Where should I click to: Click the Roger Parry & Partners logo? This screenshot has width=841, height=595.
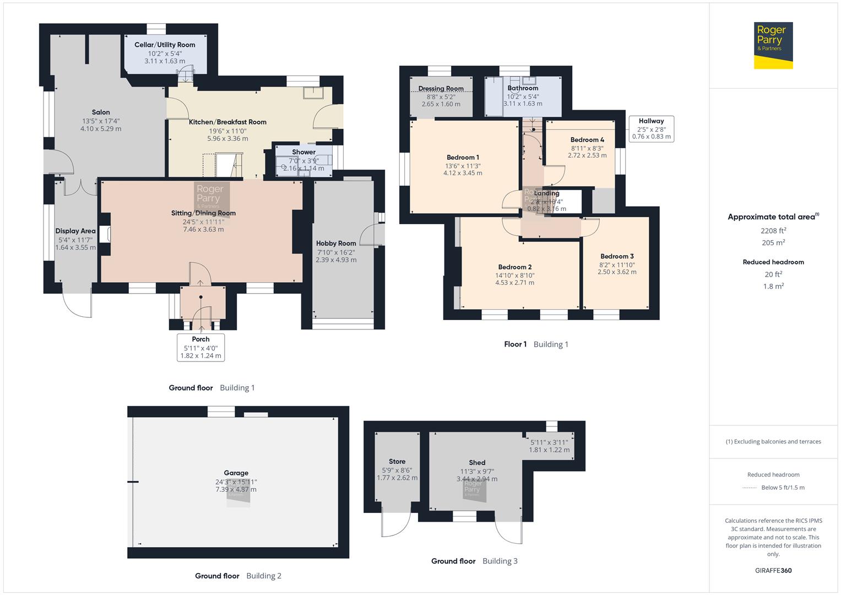point(773,45)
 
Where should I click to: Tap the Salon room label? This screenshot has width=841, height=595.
point(101,112)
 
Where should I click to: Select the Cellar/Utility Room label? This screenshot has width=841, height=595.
point(165,45)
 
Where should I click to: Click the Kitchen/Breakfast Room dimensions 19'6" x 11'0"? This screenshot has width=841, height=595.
point(227,131)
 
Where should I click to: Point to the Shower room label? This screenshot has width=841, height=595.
point(304,152)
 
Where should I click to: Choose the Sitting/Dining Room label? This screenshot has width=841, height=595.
point(203,213)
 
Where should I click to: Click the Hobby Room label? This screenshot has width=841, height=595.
point(336,244)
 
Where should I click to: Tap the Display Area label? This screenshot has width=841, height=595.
point(75,231)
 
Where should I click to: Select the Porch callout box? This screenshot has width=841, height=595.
point(201,347)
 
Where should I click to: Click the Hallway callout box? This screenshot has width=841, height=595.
point(652,129)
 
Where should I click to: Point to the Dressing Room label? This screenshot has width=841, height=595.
point(441,89)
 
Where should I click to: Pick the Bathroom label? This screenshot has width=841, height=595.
point(523,88)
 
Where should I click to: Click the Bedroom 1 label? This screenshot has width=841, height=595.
point(463,158)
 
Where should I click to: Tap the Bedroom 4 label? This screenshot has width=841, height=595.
point(587,140)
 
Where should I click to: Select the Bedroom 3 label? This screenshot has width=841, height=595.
point(617,256)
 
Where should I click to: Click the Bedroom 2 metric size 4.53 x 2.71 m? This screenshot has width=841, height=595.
point(514,283)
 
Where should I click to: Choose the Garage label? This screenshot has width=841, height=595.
point(236,473)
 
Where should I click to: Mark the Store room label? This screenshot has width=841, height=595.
point(397,462)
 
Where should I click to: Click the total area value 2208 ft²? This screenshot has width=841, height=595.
point(773,231)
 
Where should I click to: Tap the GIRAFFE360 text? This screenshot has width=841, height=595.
point(773,570)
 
